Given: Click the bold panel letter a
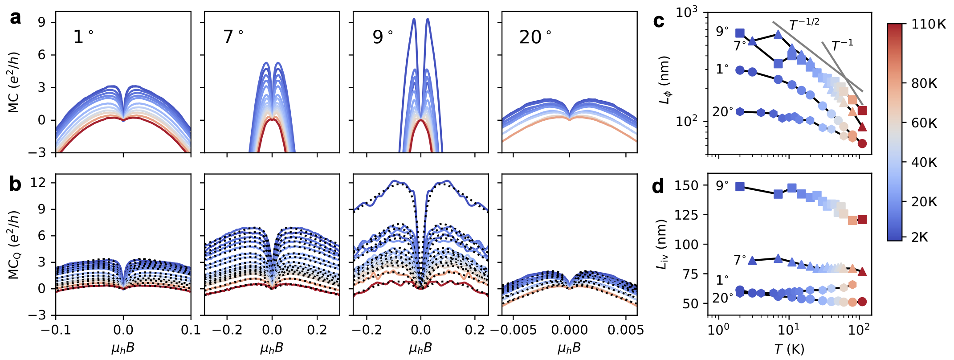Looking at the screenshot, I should pyautogui.click(x=16, y=19).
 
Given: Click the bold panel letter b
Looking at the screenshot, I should pyautogui.click(x=16, y=184).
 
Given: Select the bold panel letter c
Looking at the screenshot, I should pyautogui.click(x=658, y=21).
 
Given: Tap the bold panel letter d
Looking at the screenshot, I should pyautogui.click(x=658, y=186).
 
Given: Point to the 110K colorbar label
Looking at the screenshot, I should pyautogui.click(x=928, y=25).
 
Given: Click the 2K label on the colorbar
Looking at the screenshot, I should pyautogui.click(x=920, y=237).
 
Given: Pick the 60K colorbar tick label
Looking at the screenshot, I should pyautogui.click(x=924, y=123).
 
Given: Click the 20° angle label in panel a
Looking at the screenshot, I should pyautogui.click(x=535, y=37).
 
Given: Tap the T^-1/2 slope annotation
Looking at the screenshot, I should pyautogui.click(x=804, y=25).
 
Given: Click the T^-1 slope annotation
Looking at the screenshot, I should pyautogui.click(x=842, y=45).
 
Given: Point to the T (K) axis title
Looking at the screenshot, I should pyautogui.click(x=789, y=349).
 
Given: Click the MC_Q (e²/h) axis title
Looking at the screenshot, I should pyautogui.click(x=14, y=245).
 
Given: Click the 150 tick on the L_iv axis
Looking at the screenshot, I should pyautogui.click(x=687, y=185).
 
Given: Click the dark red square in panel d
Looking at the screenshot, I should pyautogui.click(x=862, y=219).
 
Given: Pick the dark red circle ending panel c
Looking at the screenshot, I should pyautogui.click(x=862, y=143).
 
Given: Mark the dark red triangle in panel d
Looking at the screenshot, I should pyautogui.click(x=862, y=272).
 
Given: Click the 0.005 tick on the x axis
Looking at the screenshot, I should pyautogui.click(x=625, y=330).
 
